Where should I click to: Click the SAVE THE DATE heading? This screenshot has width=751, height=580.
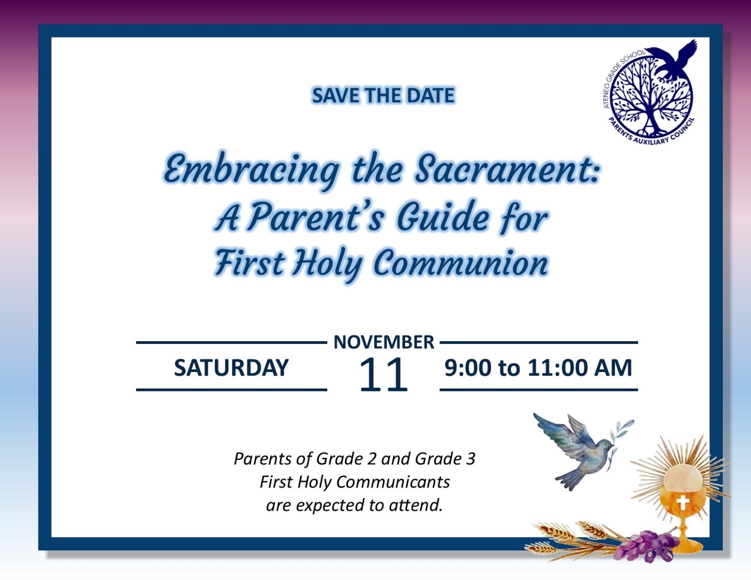click(383, 96)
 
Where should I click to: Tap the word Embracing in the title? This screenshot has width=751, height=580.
click(251, 170)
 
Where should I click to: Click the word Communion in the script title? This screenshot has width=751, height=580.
click(460, 263)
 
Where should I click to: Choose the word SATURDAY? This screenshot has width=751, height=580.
click(231, 367)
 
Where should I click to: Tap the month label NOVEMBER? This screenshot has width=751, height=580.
click(383, 342)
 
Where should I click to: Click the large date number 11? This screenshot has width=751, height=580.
click(383, 375)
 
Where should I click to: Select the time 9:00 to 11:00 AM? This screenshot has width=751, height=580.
click(538, 367)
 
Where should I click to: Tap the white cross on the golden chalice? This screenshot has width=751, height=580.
click(682, 503)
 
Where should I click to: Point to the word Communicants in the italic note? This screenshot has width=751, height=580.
click(393, 482)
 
